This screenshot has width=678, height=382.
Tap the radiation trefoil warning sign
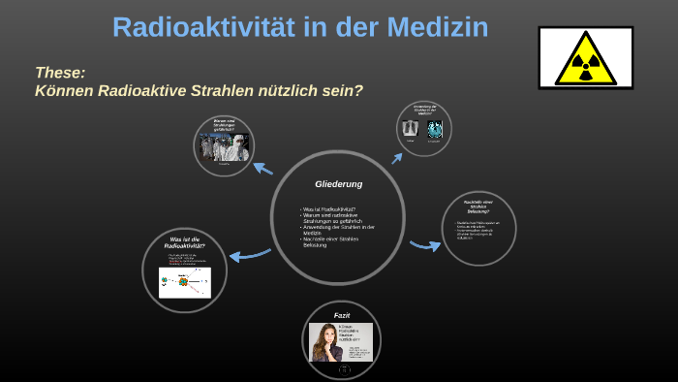tap(585, 57)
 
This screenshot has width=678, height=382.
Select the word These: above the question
tap(60, 73)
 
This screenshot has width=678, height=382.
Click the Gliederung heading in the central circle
tap(338, 184)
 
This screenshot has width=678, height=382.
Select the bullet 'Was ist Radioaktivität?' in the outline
tap(329, 209)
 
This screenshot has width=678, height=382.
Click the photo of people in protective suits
tap(225, 147)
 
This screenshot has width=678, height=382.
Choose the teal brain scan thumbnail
tap(435, 129)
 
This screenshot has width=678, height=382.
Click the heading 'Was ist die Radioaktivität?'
tap(184, 243)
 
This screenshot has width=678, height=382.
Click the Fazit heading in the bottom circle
tap(342, 316)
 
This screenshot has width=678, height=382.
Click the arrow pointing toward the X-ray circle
tap(396, 158)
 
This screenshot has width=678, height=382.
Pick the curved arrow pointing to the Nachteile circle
tap(424, 244)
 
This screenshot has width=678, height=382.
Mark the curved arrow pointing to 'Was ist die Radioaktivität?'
tap(249, 255)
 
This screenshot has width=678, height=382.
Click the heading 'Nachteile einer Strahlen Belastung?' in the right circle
tap(478, 206)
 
